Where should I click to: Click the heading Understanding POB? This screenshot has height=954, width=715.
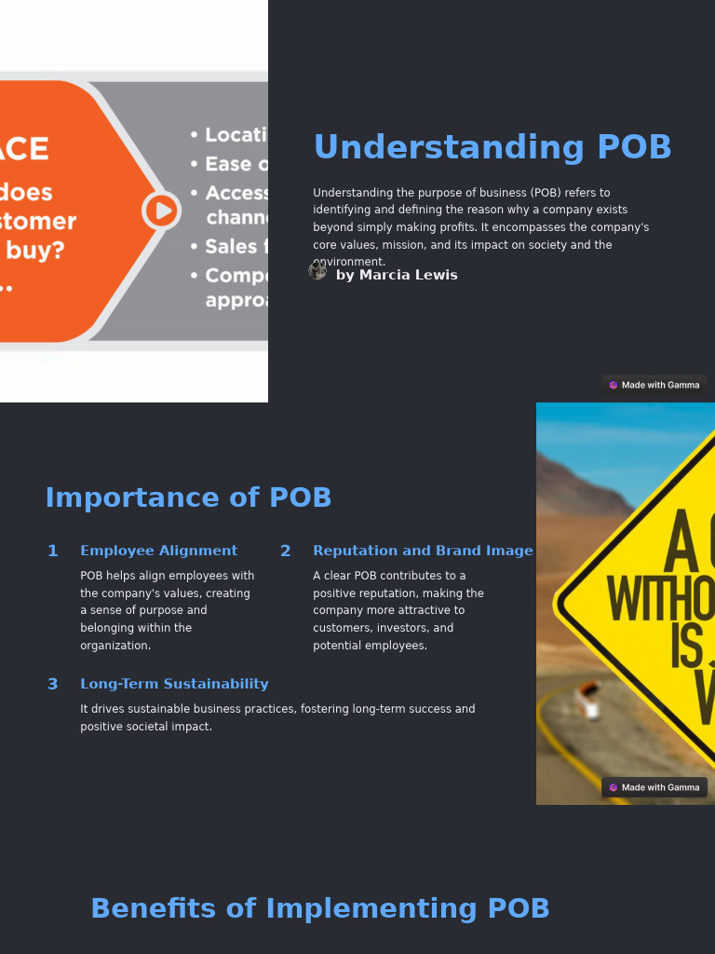point(492,148)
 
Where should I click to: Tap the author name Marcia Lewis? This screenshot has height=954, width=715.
point(397,275)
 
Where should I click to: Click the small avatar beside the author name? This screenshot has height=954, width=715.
point(317,271)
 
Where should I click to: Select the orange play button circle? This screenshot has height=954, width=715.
point(161,211)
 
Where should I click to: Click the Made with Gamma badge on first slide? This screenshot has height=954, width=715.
point(654,385)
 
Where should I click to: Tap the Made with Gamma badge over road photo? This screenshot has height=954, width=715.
point(654,787)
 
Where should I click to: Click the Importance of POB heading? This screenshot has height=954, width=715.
point(188,497)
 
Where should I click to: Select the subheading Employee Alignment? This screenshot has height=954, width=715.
point(158,551)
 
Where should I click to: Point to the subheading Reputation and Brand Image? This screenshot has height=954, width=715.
point(423,551)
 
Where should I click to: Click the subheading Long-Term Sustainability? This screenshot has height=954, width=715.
point(174,684)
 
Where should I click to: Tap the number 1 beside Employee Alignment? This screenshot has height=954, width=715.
point(53,551)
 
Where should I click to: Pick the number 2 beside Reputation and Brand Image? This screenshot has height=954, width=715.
point(285,551)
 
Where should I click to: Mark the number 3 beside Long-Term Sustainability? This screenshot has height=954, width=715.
point(53,684)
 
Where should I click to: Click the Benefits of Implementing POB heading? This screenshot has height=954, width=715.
point(320,908)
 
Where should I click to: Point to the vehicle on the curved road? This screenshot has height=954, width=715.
point(587,701)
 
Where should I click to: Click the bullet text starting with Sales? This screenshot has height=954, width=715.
point(231,246)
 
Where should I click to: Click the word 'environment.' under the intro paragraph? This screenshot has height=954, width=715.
point(350,263)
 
